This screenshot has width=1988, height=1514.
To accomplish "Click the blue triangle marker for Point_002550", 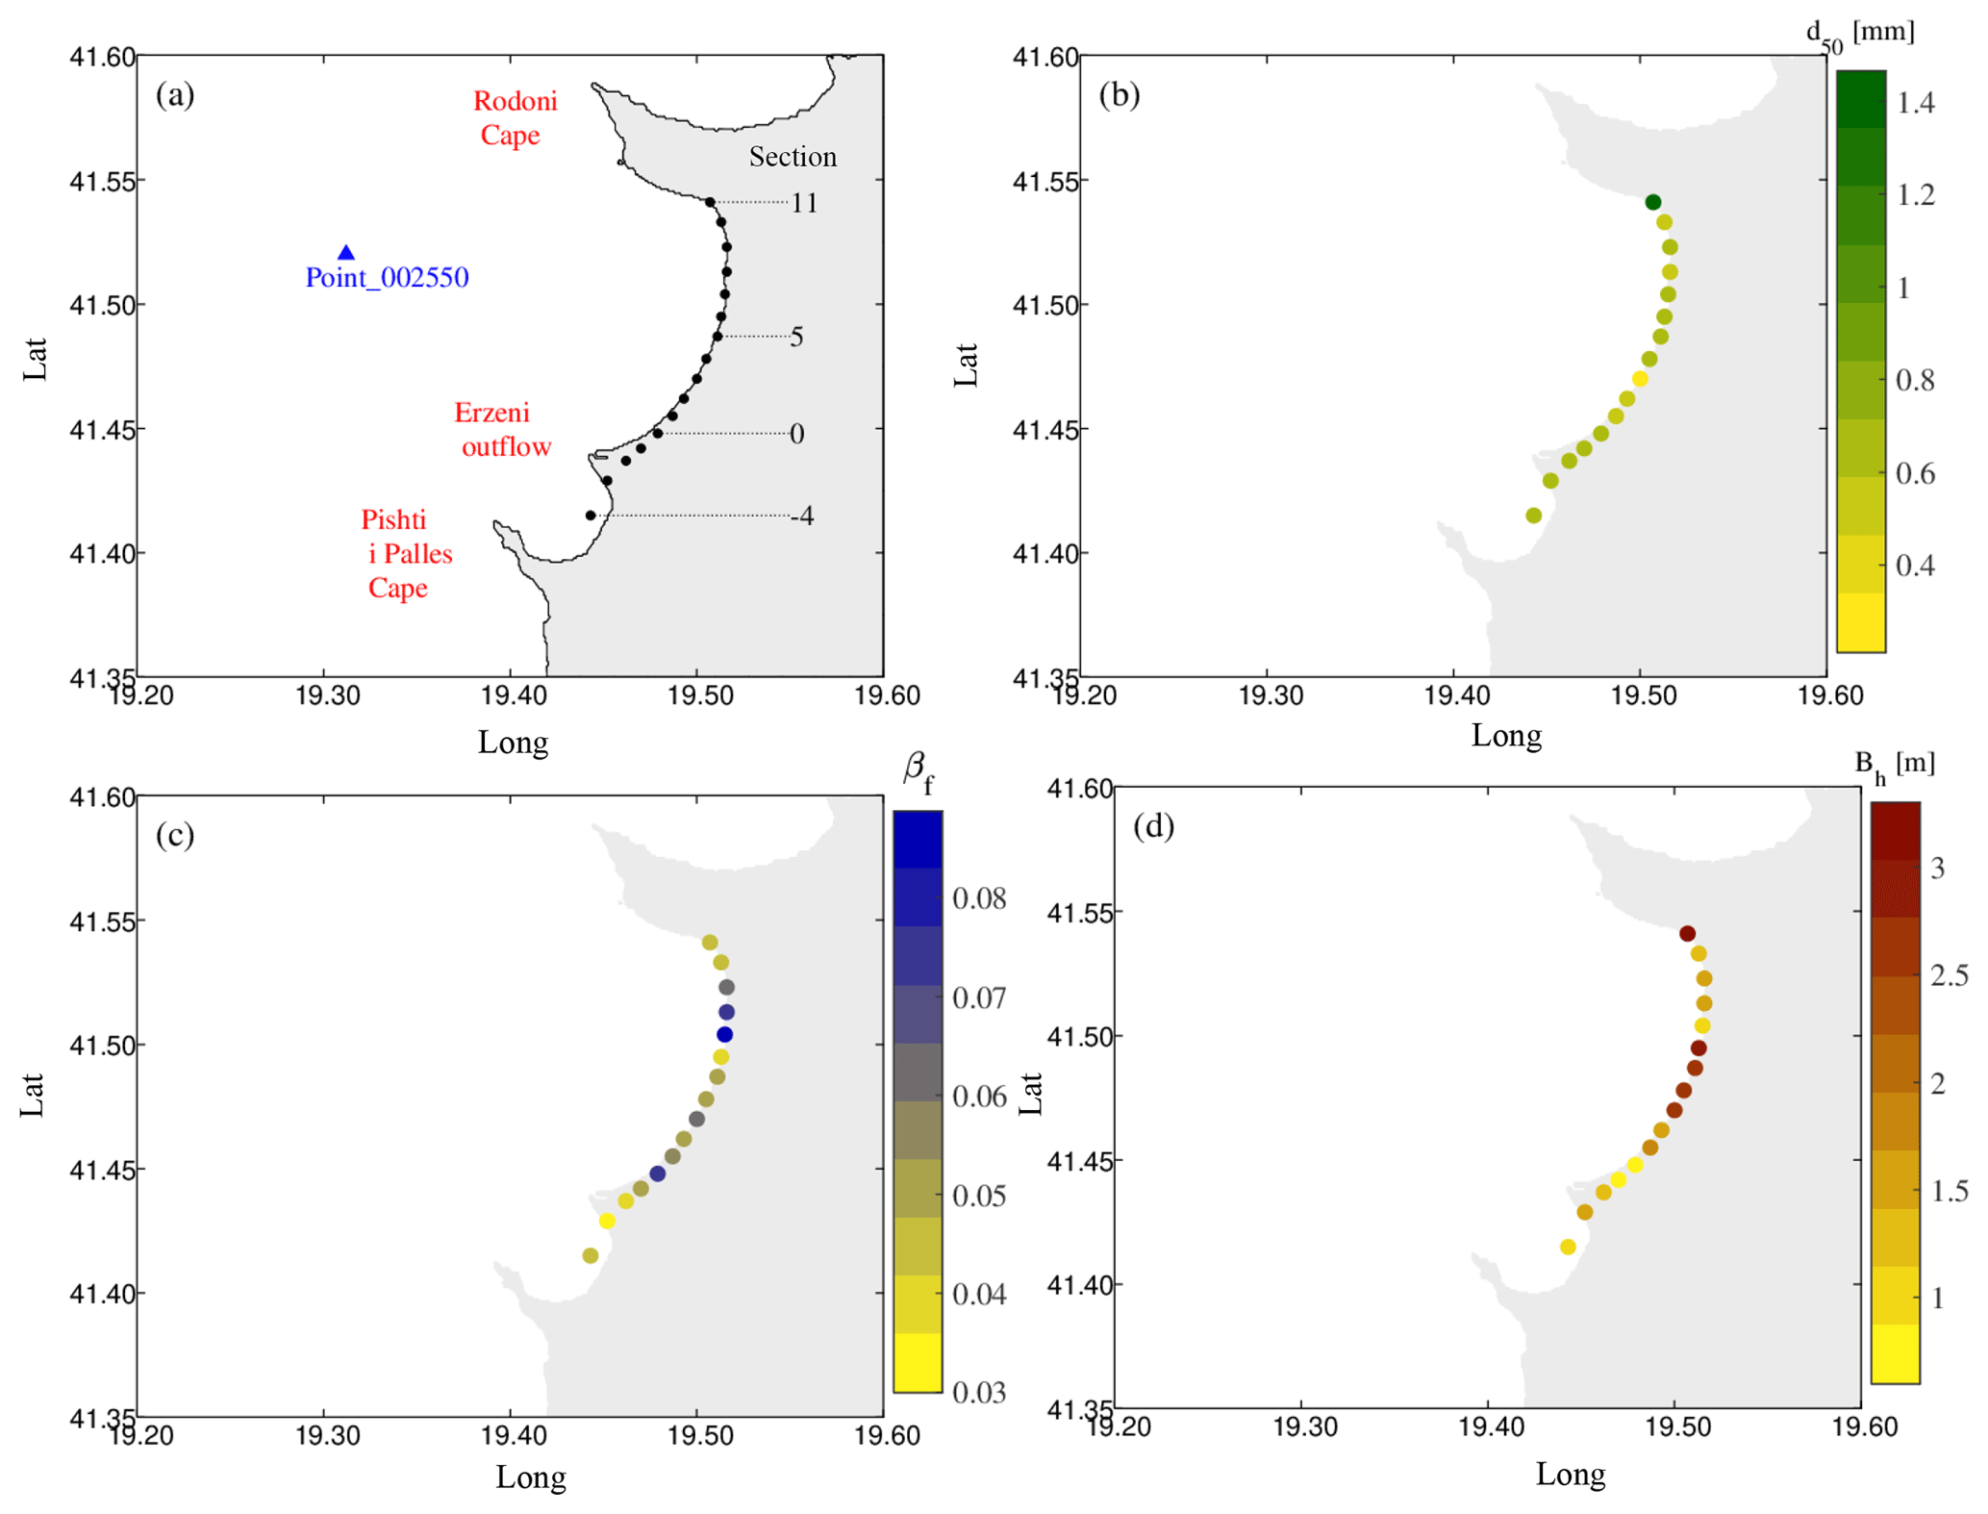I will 346,253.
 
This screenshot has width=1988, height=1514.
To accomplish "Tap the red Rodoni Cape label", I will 514,117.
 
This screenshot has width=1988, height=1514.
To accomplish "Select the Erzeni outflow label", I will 502,429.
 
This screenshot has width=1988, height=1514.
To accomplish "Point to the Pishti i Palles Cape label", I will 405,553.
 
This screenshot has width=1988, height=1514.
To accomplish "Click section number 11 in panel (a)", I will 804,203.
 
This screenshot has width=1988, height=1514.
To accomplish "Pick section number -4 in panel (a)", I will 802,517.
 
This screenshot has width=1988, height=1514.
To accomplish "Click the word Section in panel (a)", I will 793,157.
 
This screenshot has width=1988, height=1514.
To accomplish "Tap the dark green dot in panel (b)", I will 1652,202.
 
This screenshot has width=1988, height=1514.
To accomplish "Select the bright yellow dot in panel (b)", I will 1640,379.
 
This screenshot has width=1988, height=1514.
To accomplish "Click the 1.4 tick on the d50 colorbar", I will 1915,103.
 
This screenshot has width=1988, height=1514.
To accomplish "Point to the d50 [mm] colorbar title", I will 1858,36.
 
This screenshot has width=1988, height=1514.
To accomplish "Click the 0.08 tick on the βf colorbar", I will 979,898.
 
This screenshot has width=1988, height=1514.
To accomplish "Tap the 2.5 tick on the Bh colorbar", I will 1949,975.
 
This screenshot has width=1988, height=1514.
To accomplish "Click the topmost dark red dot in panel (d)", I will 1687,933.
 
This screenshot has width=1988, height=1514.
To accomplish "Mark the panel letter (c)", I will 175,835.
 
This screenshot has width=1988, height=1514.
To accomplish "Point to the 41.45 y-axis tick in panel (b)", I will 1044,429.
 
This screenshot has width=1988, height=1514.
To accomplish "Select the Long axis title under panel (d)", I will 1570,1474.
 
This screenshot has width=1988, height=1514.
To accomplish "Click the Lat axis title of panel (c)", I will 33,1095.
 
